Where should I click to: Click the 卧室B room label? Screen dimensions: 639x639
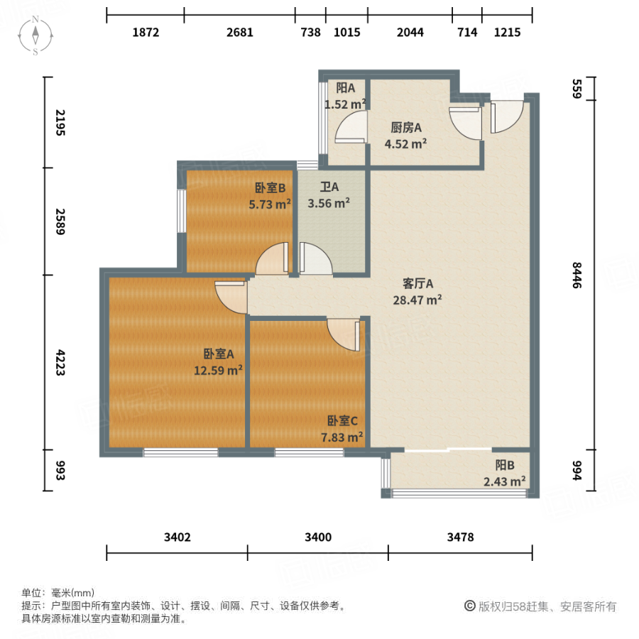coord(270,189)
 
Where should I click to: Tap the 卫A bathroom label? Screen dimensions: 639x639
coord(329,187)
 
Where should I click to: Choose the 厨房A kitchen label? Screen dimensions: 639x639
coord(406,128)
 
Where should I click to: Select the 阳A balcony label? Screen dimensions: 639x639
coord(345,88)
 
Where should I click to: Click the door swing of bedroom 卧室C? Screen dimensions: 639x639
coord(345,334)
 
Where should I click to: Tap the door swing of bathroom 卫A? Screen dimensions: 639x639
coord(314,259)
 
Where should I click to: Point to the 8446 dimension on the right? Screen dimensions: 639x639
coord(577,273)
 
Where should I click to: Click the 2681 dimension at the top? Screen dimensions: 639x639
coord(239,32)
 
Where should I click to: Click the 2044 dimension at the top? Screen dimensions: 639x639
coord(410,32)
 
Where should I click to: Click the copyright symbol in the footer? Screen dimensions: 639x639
coord(469,606)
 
